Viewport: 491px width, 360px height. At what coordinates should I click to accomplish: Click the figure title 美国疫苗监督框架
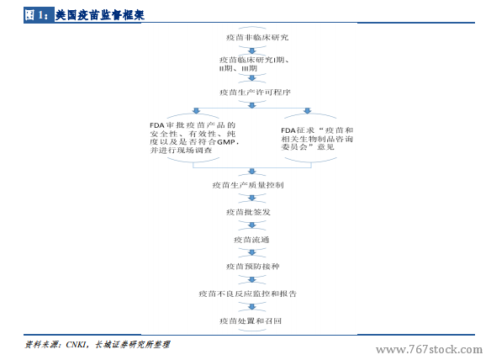[x=99, y=15]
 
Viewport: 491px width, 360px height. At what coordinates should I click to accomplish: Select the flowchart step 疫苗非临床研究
[x=257, y=38]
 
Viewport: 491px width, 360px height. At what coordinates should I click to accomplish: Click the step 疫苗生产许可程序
[x=255, y=93]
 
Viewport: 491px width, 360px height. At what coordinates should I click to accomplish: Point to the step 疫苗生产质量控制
[x=248, y=185]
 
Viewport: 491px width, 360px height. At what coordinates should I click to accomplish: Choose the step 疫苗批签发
[x=248, y=213]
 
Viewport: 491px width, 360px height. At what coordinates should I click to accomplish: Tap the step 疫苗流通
[x=251, y=240]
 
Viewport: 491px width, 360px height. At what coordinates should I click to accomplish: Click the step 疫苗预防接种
[x=252, y=267]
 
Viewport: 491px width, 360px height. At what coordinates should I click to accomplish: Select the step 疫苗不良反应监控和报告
[x=248, y=294]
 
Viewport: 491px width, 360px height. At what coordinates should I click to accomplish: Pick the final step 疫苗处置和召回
[x=251, y=320]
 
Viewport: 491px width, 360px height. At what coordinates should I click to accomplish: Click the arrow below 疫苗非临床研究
[x=252, y=50]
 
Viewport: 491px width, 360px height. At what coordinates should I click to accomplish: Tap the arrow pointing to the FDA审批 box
[x=197, y=110]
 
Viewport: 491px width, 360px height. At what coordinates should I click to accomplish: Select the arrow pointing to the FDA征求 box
[x=308, y=110]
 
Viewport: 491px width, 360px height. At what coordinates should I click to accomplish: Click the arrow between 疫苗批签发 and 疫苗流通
[x=252, y=225]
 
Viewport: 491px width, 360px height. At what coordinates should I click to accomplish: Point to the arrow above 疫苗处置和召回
[x=252, y=307]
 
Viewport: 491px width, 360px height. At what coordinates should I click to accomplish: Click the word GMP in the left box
[x=226, y=142]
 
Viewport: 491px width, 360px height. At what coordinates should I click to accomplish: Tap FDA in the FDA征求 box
[x=288, y=130]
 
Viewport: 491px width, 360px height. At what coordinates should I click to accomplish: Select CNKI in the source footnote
[x=76, y=345]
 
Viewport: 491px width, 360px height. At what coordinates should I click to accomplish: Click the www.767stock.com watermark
[x=430, y=349]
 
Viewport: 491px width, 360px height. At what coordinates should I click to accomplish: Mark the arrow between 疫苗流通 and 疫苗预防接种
[x=252, y=252]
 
